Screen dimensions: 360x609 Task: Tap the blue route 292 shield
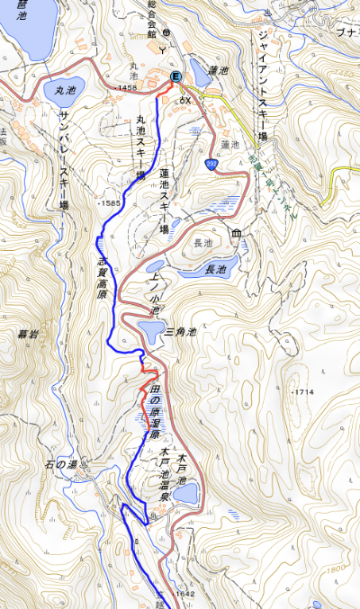pyautogui.click(x=211, y=164)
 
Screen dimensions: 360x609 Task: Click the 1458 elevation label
pyautogui.click(x=126, y=87)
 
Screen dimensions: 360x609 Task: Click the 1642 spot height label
pyautogui.click(x=184, y=594)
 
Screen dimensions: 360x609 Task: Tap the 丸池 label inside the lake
pyautogui.click(x=63, y=90)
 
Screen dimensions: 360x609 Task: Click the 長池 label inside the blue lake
pyautogui.click(x=216, y=269)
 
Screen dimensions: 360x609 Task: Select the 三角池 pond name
pyautogui.click(x=181, y=332)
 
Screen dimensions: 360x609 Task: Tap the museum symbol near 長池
pyautogui.click(x=236, y=235)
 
